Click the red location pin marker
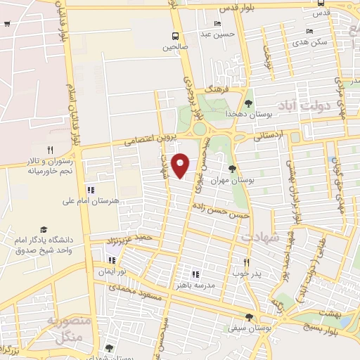pos(181,165)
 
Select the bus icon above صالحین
pos(175,36)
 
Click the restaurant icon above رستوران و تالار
pos(49,149)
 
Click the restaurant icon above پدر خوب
pos(246,262)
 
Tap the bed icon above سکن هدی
pos(309,31)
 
